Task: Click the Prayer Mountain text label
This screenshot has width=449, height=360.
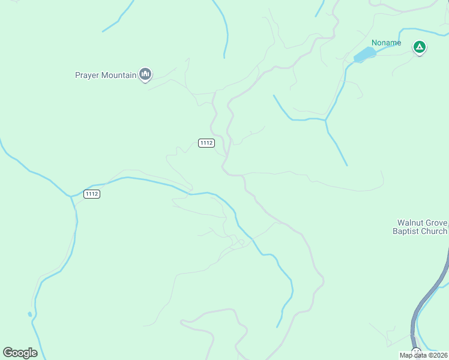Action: tap(106, 76)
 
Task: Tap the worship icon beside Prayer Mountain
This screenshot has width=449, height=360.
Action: tap(145, 74)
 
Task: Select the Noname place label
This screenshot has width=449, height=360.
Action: tap(386, 43)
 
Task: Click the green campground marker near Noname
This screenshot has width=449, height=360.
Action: tap(420, 47)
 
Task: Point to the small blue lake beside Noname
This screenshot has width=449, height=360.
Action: tap(364, 55)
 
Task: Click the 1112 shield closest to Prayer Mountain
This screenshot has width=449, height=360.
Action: tap(206, 143)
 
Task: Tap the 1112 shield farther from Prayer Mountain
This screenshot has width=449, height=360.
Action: tap(91, 194)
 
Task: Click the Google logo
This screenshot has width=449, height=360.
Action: tap(20, 353)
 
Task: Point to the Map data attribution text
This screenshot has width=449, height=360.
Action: tap(423, 355)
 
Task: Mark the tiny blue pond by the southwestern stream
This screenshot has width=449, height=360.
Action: tap(29, 314)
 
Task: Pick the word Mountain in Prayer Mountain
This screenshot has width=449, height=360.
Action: tap(119, 76)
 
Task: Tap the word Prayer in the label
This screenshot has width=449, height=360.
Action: tap(87, 76)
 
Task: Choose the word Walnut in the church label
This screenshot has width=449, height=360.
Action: tap(410, 223)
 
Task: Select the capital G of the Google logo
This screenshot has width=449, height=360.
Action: tap(8, 353)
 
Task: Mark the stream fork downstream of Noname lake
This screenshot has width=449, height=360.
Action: tap(325, 120)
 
